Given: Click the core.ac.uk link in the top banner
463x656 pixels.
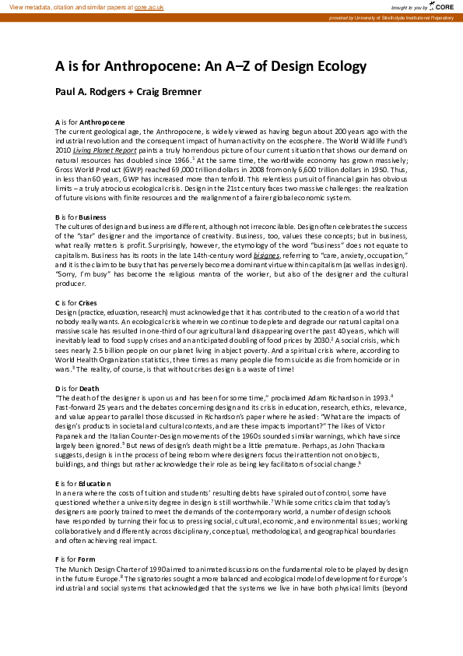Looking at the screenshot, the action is click(150, 6).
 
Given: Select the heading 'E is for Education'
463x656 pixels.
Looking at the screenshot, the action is click(82, 484).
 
